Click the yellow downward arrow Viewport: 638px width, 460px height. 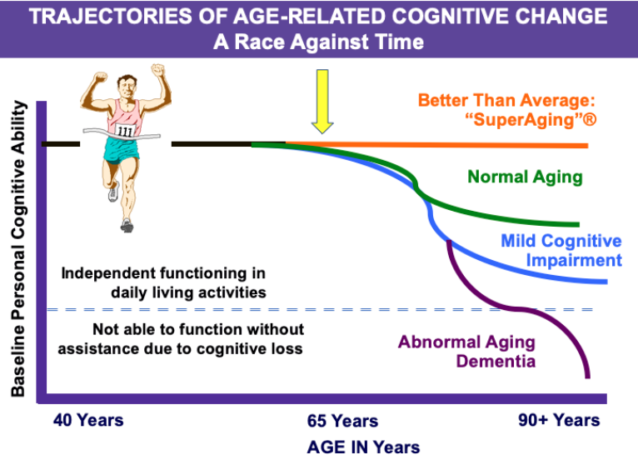pos(322,102)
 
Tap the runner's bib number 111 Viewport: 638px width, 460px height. pos(125,131)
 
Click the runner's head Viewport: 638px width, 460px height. pos(127,87)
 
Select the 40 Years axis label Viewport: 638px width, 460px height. pos(88,420)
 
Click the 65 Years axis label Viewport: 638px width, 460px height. pos(342,421)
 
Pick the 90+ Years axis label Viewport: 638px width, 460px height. pos(559,420)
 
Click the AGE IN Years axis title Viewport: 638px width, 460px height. pos(363,447)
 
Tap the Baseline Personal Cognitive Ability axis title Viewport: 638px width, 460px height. pos(18,248)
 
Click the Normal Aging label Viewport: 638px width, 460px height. pos(525,177)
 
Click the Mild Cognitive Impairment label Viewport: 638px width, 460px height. pos(561,250)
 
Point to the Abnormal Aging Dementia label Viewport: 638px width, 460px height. pos(466,352)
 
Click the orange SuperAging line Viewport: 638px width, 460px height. pos(436,145)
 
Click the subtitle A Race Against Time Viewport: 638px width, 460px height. pos(319,42)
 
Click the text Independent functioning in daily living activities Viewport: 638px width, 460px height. pos(163,282)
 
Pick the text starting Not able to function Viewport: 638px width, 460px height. pos(181,338)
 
